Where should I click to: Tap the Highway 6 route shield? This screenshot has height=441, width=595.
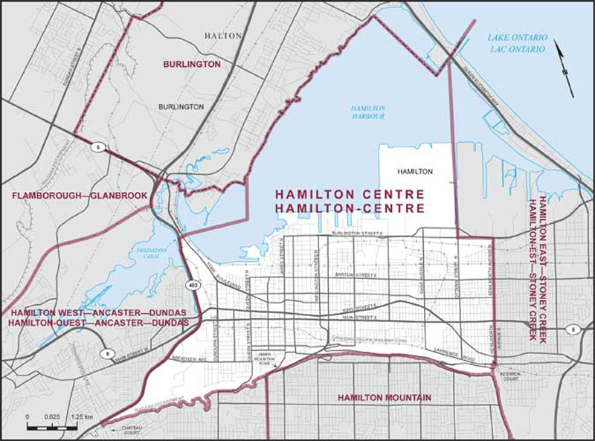coord(97,148)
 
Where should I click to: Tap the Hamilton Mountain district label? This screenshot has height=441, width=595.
coord(384,399)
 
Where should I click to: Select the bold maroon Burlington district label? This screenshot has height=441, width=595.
coord(192,65)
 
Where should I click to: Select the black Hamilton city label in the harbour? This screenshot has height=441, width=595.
coord(414,171)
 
